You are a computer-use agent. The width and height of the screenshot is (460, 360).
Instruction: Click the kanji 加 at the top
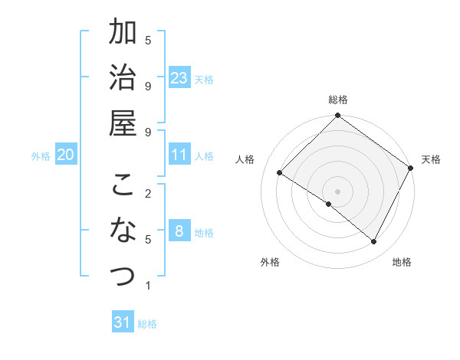(123, 34)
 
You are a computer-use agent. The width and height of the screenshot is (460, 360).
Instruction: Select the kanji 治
(123, 78)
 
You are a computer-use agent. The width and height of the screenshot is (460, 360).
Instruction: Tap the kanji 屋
(123, 123)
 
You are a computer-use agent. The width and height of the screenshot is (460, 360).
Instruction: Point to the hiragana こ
(123, 186)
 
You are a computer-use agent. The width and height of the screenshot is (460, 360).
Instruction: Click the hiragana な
(123, 230)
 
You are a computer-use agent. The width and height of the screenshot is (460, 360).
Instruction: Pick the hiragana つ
(123, 274)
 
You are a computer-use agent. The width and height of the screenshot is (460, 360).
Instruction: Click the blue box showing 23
(179, 78)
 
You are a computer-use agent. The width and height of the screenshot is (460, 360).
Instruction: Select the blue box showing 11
(179, 155)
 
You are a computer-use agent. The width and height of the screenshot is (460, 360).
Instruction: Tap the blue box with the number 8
(179, 231)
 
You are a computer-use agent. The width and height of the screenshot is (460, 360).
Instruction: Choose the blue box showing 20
(66, 155)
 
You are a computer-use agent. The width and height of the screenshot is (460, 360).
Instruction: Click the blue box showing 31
(123, 322)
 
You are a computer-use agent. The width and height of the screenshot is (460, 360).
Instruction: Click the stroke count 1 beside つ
(148, 286)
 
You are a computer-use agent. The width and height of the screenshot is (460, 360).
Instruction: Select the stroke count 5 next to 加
(148, 40)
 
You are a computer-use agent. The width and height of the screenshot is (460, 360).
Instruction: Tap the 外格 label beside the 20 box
(41, 155)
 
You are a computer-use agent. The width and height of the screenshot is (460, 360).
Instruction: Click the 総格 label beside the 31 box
(147, 323)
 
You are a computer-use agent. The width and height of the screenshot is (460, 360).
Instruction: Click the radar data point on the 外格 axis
(329, 204)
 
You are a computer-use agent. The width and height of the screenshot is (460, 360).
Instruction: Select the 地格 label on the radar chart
(402, 262)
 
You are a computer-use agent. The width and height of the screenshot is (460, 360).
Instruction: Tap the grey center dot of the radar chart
(338, 191)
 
